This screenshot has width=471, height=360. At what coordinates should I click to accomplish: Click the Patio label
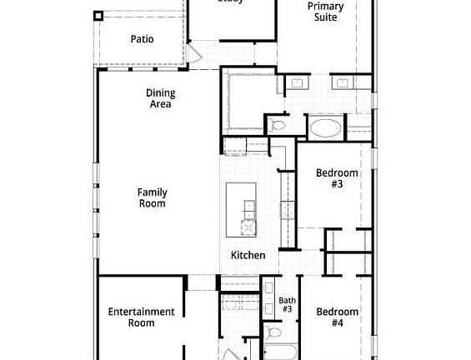point(141,38)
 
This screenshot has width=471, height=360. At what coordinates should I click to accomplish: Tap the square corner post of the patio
point(98,15)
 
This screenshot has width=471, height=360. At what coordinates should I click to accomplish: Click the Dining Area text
point(159,98)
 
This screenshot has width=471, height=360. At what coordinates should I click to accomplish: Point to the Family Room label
point(152,197)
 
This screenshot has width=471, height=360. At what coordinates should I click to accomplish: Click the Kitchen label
point(248,255)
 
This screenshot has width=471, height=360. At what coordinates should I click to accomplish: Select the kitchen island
point(243,209)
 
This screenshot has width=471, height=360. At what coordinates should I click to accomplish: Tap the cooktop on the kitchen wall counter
point(287,209)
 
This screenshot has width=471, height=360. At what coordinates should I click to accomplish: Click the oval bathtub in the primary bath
point(325,128)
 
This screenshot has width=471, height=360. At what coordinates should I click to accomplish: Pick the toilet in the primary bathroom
point(278,125)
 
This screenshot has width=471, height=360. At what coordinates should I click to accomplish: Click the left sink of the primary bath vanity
point(298,82)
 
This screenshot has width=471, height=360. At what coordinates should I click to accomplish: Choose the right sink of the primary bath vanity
point(343,82)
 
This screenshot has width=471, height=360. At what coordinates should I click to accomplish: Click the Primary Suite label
point(325,12)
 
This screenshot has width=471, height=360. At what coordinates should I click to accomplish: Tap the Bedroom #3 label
point(337,178)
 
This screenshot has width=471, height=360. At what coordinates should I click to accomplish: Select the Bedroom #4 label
point(337,317)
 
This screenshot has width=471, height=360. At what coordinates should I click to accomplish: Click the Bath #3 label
point(287,304)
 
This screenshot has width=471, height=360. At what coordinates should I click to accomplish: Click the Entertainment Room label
point(141,317)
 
